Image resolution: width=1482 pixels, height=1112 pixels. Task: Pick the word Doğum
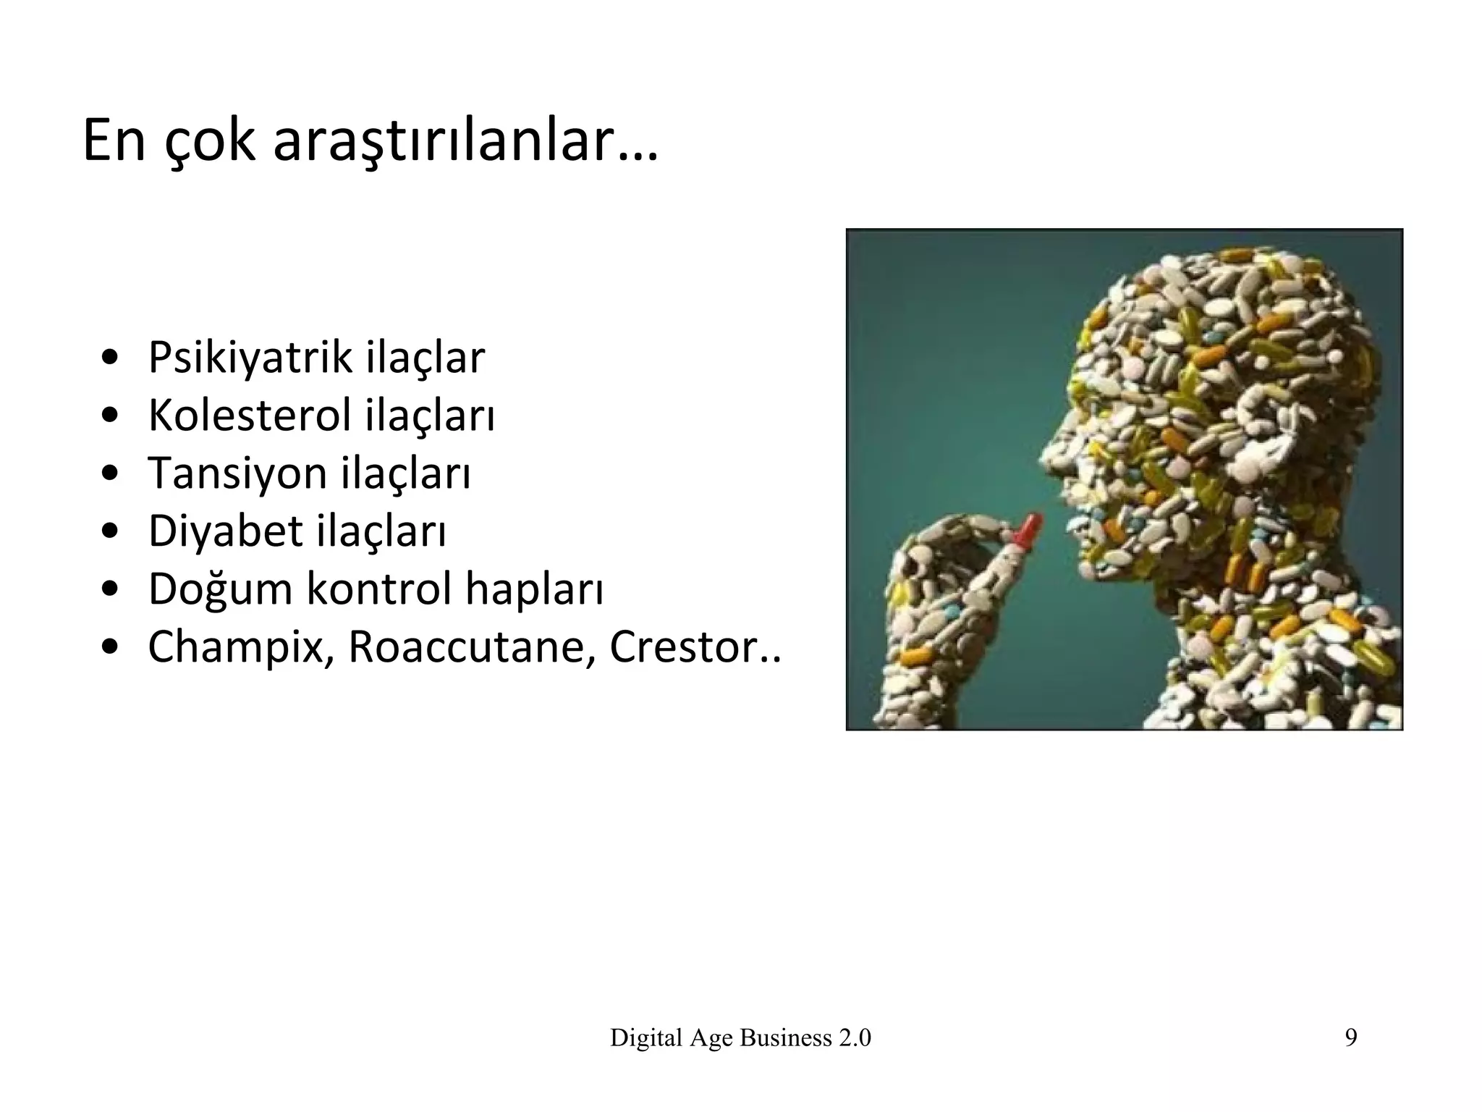[221, 589]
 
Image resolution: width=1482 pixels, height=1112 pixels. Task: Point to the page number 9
[1350, 1038]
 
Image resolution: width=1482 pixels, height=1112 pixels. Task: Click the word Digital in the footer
[646, 1038]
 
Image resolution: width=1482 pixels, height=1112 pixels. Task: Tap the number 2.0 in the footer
[855, 1038]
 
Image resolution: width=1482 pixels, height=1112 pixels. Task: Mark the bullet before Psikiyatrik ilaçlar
[109, 358]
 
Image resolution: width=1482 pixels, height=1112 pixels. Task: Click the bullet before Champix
[109, 647]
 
